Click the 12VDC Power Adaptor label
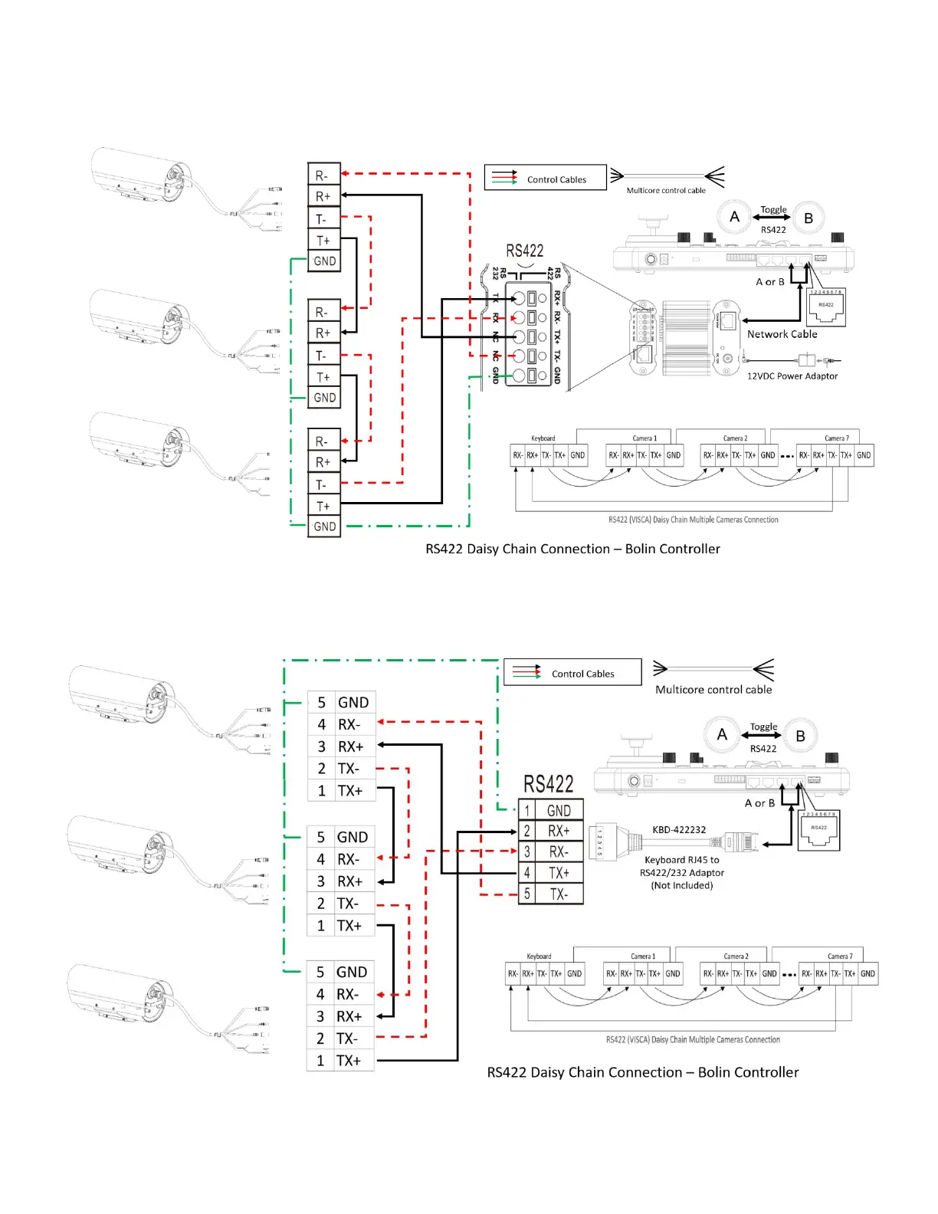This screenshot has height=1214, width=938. point(792,376)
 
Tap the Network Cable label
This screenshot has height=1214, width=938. point(782,334)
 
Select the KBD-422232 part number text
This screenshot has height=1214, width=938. point(679,829)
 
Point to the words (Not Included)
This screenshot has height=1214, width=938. point(682,885)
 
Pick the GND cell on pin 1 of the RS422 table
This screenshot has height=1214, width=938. point(559,810)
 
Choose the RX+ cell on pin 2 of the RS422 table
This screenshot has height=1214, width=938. point(559,831)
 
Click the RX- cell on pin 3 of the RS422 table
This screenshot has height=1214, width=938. point(559,851)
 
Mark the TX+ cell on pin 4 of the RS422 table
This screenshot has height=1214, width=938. point(559,873)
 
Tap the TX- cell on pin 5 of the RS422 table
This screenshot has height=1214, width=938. point(559,894)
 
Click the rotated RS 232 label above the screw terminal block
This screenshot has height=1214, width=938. point(499,272)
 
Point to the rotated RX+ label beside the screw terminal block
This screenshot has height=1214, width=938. point(557,297)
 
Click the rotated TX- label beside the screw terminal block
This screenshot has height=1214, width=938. point(557,356)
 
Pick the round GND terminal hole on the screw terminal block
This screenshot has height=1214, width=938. point(519,376)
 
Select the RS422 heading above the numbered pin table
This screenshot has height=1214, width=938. point(548,784)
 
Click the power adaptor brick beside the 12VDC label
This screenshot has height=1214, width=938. point(806,359)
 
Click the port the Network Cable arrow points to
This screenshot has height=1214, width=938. point(729,320)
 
